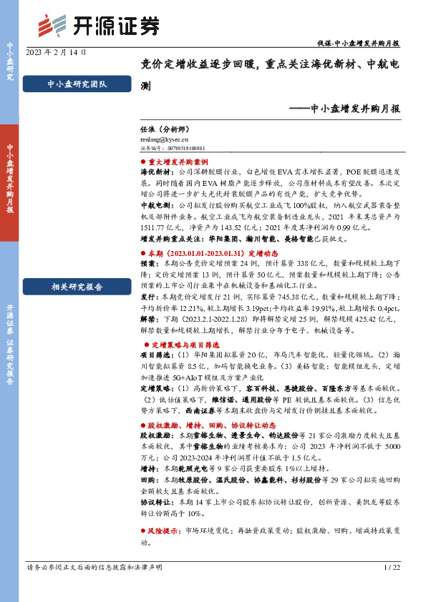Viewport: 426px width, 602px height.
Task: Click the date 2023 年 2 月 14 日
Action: coord(57,53)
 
